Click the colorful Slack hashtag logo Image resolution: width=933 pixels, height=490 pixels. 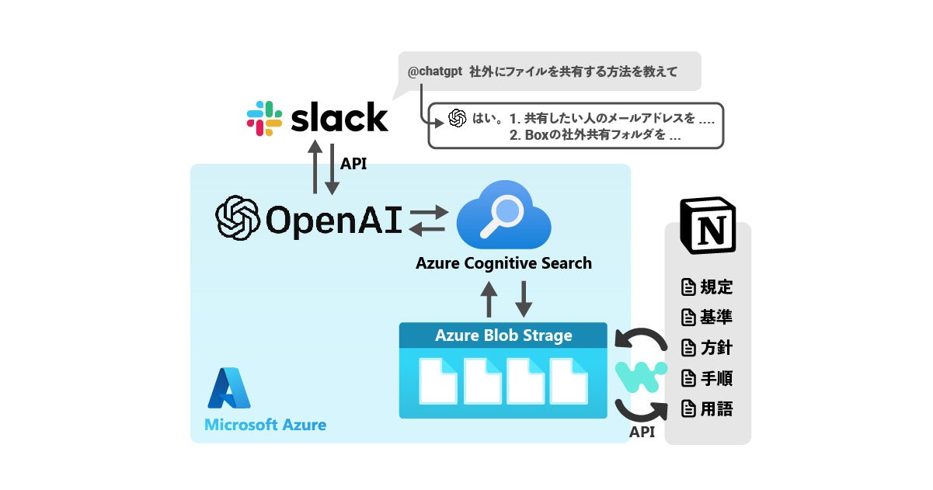point(264,118)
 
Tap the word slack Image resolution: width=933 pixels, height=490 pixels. point(339,117)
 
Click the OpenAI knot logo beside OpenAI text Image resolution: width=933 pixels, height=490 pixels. point(238,217)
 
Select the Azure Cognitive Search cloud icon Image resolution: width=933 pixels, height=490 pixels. point(503,214)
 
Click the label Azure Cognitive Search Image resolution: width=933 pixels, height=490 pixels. point(503,263)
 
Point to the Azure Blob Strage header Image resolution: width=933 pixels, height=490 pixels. point(503,335)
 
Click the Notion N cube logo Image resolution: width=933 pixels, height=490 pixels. point(708,225)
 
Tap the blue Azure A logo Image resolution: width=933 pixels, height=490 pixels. point(228,388)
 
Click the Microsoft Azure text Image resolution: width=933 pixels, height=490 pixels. point(266,425)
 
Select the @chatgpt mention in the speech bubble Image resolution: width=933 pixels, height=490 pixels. point(435,71)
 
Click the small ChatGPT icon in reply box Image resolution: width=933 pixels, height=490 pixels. point(457,118)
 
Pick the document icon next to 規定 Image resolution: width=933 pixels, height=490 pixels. point(688,287)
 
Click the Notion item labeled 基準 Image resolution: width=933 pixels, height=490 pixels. point(707,318)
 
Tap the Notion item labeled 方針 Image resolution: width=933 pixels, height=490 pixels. point(707,348)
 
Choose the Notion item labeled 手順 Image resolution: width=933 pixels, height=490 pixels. point(707,378)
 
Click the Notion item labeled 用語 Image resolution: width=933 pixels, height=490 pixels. point(707,408)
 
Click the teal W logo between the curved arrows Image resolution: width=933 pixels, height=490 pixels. point(641,377)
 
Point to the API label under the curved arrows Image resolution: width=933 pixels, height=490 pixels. point(642,432)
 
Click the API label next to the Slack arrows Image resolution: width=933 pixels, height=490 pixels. point(353,164)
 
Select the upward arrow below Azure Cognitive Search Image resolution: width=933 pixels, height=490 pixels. point(489,299)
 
